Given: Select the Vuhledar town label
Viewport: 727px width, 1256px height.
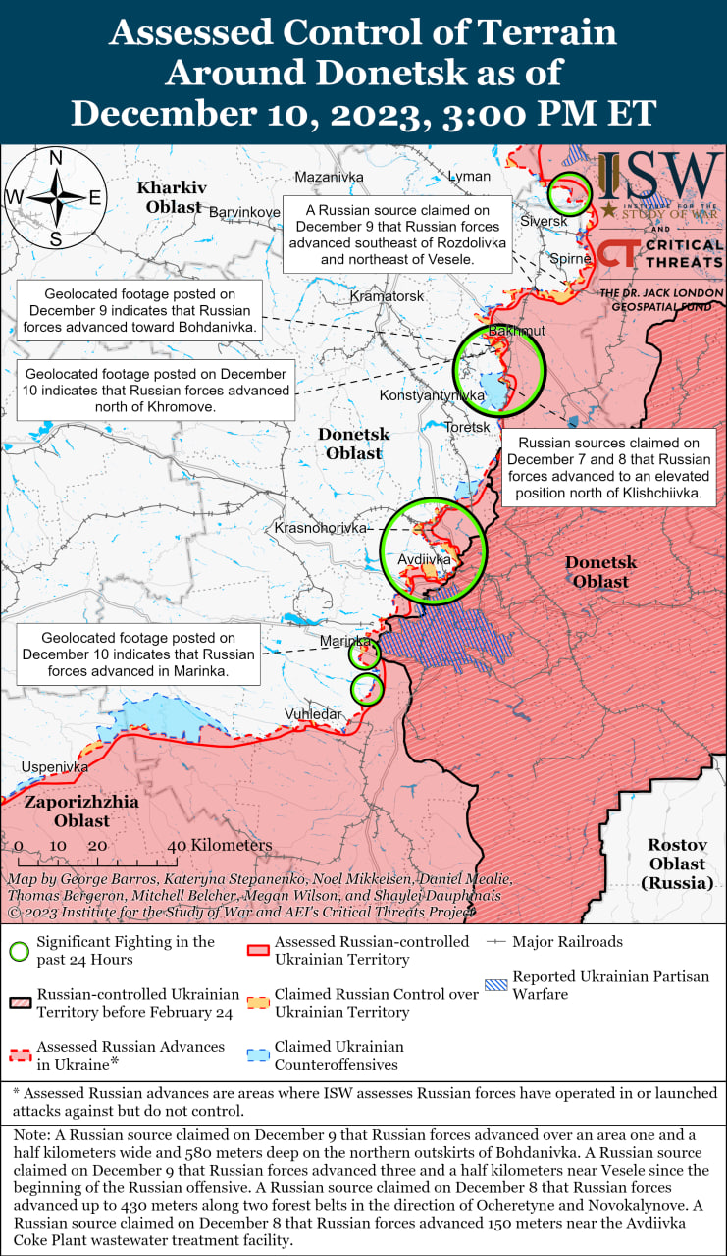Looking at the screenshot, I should [314, 713].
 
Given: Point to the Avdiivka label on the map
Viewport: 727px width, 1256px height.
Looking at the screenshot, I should [424, 559].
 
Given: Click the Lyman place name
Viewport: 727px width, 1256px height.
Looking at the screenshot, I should [469, 176].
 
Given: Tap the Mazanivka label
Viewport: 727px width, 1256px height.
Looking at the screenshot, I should [329, 177].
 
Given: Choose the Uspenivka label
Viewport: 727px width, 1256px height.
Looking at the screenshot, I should [55, 766].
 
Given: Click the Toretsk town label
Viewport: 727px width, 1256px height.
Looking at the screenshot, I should [466, 427].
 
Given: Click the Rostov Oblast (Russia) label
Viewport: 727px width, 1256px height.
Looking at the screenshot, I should [677, 863].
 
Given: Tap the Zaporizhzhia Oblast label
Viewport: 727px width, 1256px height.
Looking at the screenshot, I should [81, 811].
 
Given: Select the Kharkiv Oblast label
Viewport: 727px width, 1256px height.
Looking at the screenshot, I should [173, 196].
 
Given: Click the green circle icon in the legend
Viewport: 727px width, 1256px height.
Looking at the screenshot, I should [19, 951].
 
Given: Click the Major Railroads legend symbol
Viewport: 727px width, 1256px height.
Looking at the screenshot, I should [496, 942].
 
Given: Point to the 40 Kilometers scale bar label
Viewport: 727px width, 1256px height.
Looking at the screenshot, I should [219, 845].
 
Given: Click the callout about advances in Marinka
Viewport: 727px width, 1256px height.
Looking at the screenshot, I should [138, 654].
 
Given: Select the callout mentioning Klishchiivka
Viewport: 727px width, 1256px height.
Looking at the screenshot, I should [608, 468].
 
